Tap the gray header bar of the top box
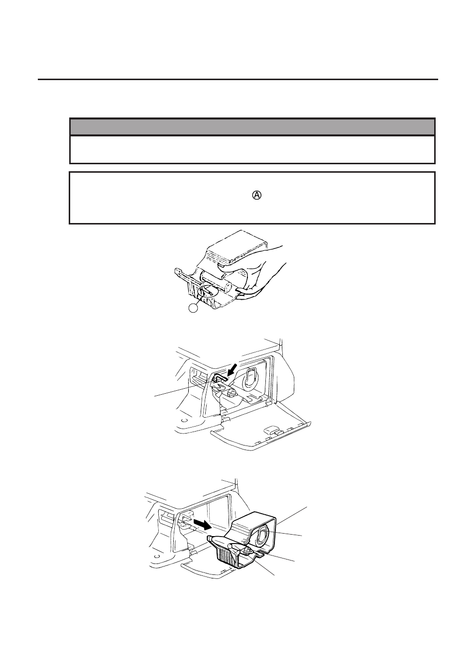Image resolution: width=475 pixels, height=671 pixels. (252, 127)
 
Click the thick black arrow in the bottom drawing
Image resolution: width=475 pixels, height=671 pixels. (202, 524)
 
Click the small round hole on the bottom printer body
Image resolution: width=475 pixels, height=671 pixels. (157, 556)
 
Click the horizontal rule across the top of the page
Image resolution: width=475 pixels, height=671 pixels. (238, 79)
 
